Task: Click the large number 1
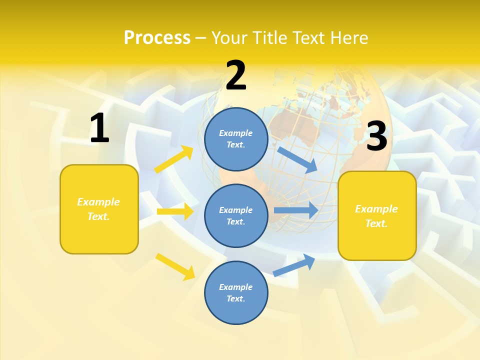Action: click(99, 128)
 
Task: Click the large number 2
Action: click(236, 75)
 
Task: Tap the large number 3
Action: click(376, 136)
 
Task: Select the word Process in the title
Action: click(157, 37)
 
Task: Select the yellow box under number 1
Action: click(99, 209)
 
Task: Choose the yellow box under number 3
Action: click(377, 215)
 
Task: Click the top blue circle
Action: click(236, 138)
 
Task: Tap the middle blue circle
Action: click(236, 215)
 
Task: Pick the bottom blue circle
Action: click(236, 292)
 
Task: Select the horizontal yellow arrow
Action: click(175, 211)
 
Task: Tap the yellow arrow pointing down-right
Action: click(175, 266)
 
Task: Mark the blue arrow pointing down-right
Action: click(297, 159)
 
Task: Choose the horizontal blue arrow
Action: click(296, 210)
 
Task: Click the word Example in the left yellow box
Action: click(98, 202)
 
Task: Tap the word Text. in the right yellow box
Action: click(376, 223)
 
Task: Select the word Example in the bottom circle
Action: click(236, 287)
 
